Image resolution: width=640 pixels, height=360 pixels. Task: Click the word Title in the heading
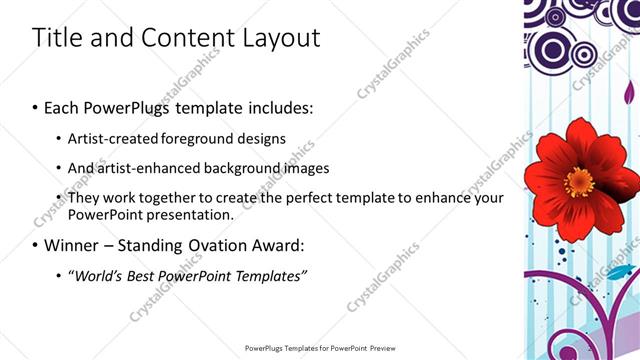[56, 38]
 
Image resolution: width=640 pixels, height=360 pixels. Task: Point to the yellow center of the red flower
[578, 183]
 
